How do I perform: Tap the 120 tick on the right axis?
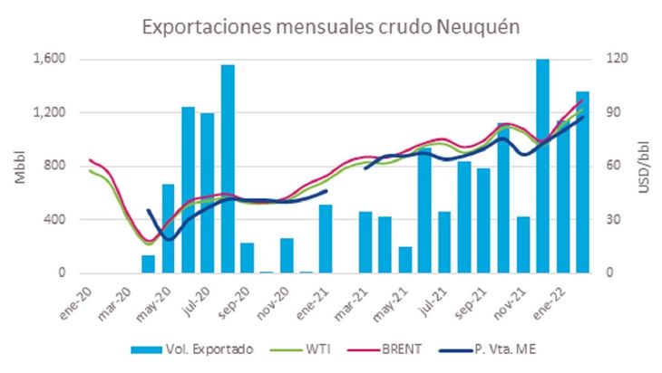618,60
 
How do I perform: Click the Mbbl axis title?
20,166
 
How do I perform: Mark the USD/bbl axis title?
644,166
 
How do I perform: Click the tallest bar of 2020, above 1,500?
228,168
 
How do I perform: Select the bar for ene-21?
326,239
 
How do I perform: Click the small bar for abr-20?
149,263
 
